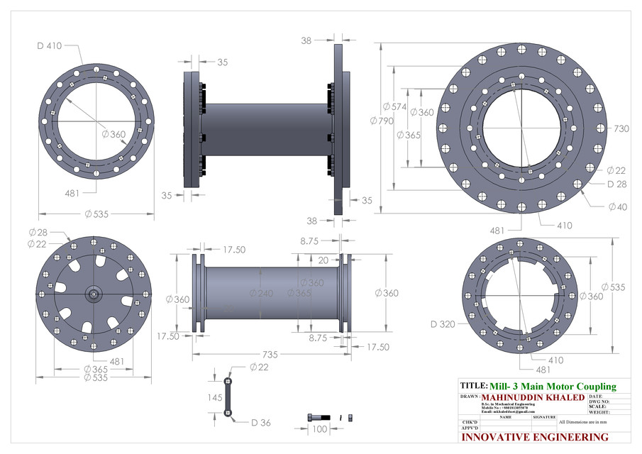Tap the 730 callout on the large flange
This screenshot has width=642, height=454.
[621, 129]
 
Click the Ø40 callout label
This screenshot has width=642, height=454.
[616, 206]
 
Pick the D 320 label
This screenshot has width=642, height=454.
[443, 324]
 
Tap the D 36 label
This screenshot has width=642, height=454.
[260, 423]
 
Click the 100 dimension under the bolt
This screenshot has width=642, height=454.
[320, 429]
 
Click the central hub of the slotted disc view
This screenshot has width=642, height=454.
[94, 293]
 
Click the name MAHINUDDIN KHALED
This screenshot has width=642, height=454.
[533, 397]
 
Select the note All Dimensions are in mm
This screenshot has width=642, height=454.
[583, 422]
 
